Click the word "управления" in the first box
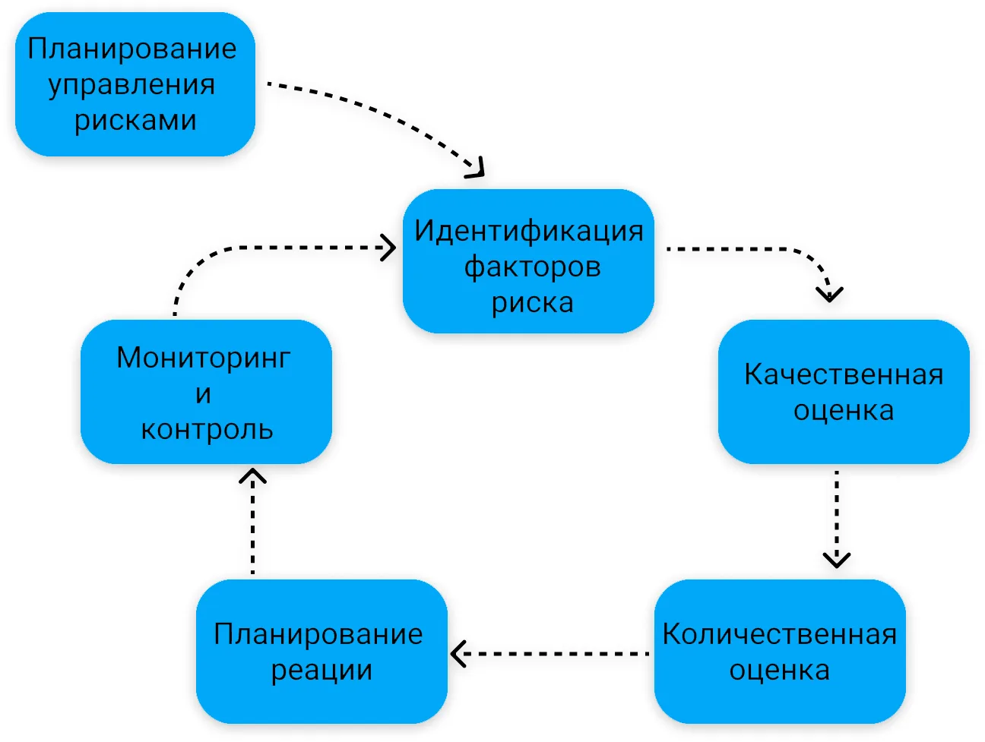coord(131,86)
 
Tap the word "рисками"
coord(135,121)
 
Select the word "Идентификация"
coord(529,232)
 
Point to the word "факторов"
coord(532,267)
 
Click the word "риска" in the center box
coord(532,303)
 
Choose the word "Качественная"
coord(844,374)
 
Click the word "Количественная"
coord(780,634)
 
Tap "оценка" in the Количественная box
coord(780,671)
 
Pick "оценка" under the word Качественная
coord(844,411)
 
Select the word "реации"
coord(321,671)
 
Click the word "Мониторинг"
coord(204,358)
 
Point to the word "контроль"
coord(207,430)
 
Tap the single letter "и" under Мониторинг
coord(203,394)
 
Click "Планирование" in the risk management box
coord(132,49)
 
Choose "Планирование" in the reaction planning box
coord(318,635)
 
